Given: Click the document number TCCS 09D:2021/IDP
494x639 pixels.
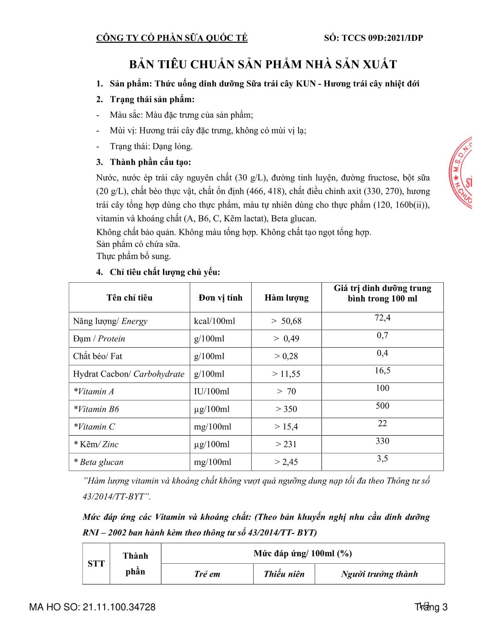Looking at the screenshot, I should point(382,38).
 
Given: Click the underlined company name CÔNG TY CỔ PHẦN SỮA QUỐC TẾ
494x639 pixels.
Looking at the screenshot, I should point(172,38).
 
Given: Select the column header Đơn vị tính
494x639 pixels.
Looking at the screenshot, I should point(220,298).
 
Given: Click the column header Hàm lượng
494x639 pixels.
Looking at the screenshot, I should point(287,298).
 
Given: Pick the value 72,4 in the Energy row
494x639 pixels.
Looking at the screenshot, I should point(383,318).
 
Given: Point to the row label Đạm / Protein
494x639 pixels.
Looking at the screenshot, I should point(99,339).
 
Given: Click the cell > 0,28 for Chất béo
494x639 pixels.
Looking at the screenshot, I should point(286,356).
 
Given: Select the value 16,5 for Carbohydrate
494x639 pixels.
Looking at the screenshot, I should point(383,371).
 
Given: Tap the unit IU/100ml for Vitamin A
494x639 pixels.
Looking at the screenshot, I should point(211,392).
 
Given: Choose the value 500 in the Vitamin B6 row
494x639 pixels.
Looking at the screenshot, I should point(383,406).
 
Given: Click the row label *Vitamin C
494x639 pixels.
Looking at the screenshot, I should point(94,427).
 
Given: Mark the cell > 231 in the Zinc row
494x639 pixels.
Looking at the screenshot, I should point(286,444).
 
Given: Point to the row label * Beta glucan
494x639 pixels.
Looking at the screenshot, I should point(99,462).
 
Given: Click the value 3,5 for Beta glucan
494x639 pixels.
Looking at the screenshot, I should point(383,459).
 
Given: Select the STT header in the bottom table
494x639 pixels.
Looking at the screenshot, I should point(96,564).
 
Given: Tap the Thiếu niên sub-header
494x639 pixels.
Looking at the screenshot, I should point(284,574).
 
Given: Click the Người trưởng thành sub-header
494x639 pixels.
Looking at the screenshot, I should point(379,574).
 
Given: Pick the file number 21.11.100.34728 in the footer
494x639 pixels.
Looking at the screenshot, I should point(119,607).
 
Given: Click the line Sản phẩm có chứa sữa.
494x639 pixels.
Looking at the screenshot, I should point(138,244).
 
